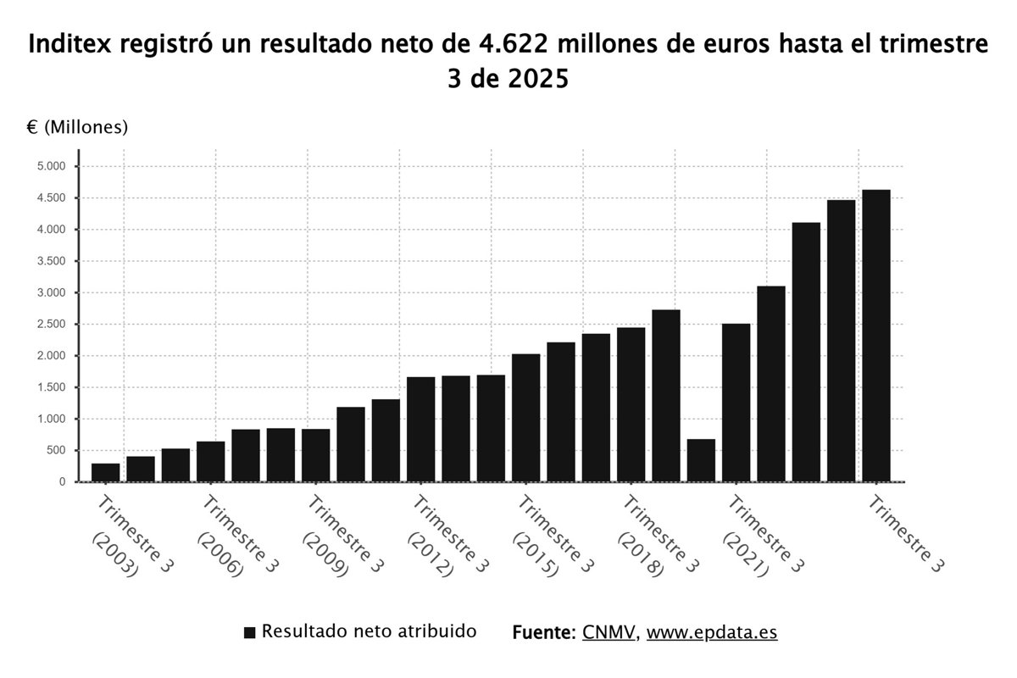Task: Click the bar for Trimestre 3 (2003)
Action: (x=106, y=472)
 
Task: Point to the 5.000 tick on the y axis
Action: (x=51, y=166)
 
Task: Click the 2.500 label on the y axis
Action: (x=51, y=325)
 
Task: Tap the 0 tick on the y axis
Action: (x=62, y=482)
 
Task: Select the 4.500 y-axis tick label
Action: (x=51, y=198)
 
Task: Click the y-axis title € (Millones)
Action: (x=77, y=127)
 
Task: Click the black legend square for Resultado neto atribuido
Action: (x=249, y=633)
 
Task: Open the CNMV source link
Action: (x=609, y=633)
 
